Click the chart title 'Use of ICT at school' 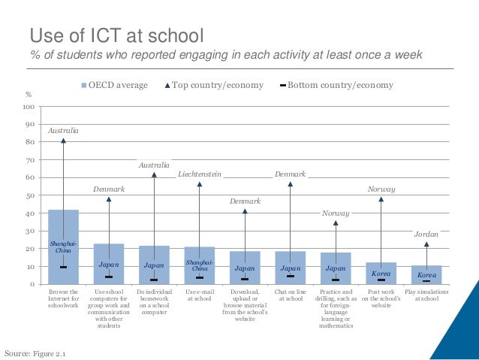point(116,35)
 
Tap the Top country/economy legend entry point(214,85)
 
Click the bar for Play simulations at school point(426,274)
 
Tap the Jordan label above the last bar point(426,234)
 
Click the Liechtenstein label point(200,174)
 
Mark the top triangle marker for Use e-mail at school point(200,184)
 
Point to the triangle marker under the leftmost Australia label point(63,141)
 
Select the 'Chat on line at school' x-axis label point(291,295)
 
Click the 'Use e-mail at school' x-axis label point(200,295)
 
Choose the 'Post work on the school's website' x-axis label point(381,298)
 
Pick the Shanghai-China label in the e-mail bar point(200,265)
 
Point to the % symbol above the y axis point(29,95)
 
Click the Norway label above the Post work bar point(381,189)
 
